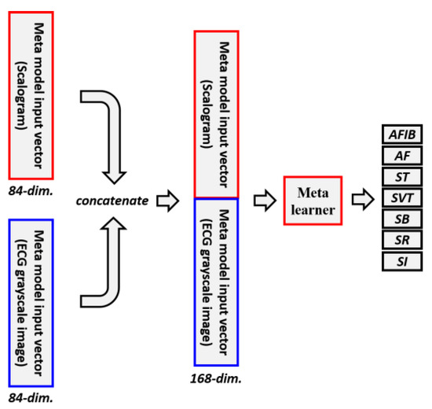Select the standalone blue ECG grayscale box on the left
tap(31, 302)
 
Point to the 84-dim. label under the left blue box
tap(27, 399)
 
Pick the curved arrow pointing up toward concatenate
tap(112, 264)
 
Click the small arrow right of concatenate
tap(168, 203)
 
